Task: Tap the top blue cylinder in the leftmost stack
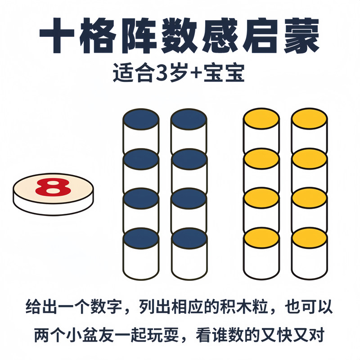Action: [141, 130]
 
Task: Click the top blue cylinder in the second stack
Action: [189, 130]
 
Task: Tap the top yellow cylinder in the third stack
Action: [261, 130]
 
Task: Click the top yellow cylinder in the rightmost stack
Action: [309, 130]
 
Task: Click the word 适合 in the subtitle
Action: [134, 74]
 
